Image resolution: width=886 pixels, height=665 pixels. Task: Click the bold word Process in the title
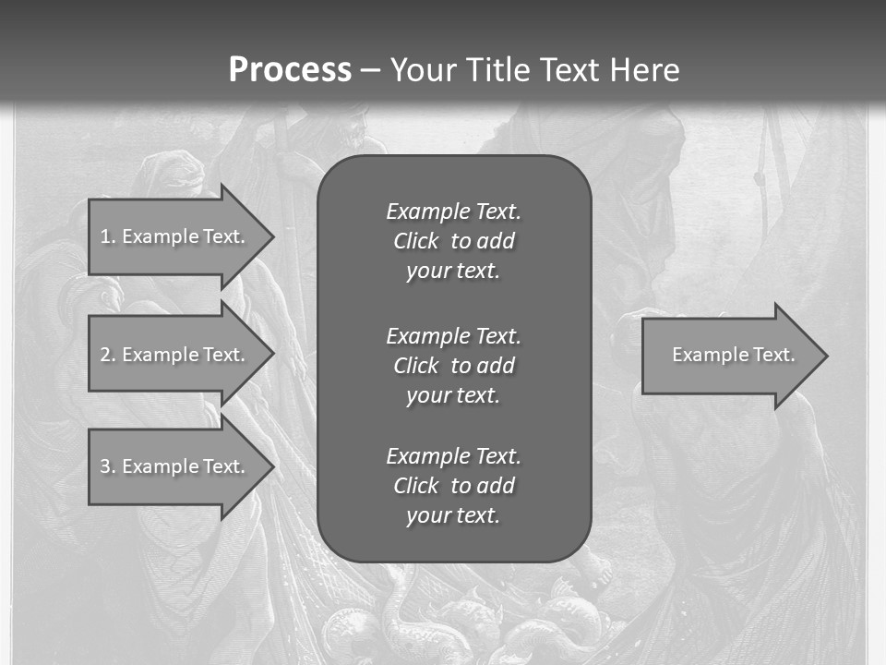[x=290, y=70]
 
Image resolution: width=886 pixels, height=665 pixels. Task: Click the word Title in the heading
[x=494, y=70]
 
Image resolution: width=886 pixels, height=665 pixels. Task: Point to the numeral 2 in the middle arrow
[x=105, y=355]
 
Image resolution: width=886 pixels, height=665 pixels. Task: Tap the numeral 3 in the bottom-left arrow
[x=105, y=466]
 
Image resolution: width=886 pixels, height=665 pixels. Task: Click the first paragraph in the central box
[x=453, y=241]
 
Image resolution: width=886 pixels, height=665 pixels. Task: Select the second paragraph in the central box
[x=453, y=365]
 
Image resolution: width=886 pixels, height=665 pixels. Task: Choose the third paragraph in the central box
[x=453, y=486]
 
